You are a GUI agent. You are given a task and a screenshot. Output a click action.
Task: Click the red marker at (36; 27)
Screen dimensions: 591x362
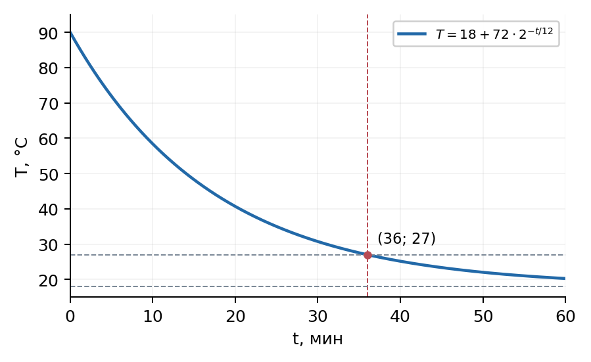(x=367, y=255)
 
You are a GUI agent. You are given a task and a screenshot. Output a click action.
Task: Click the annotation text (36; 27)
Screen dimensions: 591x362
(x=406, y=238)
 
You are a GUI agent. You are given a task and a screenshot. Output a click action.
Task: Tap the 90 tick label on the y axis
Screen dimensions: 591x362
(x=48, y=34)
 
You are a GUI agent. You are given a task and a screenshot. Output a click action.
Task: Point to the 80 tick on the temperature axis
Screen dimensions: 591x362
(x=48, y=68)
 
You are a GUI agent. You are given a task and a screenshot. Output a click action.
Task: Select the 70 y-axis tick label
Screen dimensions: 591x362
(x=48, y=104)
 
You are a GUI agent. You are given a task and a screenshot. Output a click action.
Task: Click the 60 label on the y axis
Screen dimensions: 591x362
(x=48, y=139)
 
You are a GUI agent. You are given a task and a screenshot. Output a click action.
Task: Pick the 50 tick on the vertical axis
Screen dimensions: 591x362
(x=48, y=174)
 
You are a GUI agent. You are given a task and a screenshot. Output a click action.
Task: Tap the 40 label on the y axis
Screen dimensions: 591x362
(x=48, y=210)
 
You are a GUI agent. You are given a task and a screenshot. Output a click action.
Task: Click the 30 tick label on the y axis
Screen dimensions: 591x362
(x=48, y=245)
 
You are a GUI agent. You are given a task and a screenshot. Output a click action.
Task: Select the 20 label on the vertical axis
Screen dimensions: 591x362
(x=48, y=281)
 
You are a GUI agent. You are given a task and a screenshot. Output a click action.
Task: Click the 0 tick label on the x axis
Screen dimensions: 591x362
(x=70, y=317)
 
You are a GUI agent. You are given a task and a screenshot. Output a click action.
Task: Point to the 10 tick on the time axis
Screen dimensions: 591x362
(x=153, y=317)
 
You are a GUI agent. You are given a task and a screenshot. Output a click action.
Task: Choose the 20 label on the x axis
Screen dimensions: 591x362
(x=235, y=317)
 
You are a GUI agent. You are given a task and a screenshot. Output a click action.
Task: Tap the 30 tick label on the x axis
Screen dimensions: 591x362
(x=318, y=317)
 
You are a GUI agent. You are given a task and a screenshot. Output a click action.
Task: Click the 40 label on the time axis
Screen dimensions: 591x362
(x=400, y=317)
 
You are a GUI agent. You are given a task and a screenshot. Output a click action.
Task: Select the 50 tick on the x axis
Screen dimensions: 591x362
(x=483, y=317)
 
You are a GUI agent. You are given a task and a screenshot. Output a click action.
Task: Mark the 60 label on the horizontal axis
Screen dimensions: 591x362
(x=565, y=317)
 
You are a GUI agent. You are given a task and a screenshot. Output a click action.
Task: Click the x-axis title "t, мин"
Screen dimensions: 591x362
(x=318, y=338)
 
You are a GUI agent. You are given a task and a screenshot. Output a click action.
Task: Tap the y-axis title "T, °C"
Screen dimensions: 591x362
(x=22, y=157)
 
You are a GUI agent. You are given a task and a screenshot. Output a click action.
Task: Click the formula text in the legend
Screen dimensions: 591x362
(x=494, y=34)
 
